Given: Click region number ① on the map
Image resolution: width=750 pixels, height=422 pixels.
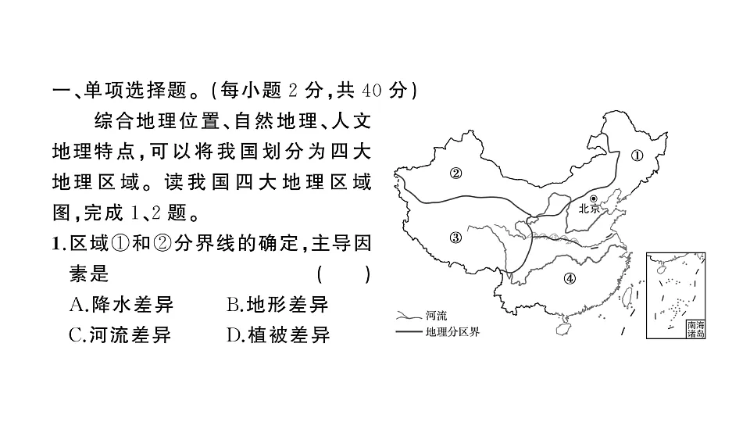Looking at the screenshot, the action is (637, 156).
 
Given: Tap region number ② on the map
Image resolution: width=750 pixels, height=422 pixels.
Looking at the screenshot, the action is (455, 173).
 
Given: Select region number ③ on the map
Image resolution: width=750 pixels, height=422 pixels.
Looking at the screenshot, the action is (455, 237).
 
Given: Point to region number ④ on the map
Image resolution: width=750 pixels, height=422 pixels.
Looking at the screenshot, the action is (570, 278).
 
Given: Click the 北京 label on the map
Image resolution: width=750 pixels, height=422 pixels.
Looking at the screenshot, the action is (589, 208).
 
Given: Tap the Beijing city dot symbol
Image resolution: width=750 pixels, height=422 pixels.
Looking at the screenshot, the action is (594, 198).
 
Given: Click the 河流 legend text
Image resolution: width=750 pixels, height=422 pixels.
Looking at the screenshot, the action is (436, 316).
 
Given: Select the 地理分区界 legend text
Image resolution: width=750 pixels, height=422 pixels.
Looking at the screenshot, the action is (452, 331).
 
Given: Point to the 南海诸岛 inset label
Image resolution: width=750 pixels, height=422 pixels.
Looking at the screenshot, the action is (695, 330).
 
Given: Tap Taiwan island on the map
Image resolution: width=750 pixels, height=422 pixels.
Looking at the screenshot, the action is (626, 295).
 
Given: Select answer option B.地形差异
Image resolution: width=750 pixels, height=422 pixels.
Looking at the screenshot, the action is (277, 304).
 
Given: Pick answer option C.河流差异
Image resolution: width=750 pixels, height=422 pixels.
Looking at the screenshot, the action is (120, 335).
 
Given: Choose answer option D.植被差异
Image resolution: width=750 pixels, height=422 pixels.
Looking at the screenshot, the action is (278, 335).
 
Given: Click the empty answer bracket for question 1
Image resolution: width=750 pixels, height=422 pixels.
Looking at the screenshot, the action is (344, 274).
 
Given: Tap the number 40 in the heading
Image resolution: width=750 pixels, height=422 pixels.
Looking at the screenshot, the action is (372, 91).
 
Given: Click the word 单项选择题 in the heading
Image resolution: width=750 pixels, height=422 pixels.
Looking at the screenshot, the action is (135, 90).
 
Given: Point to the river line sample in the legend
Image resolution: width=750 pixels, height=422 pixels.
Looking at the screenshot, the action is (408, 315).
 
